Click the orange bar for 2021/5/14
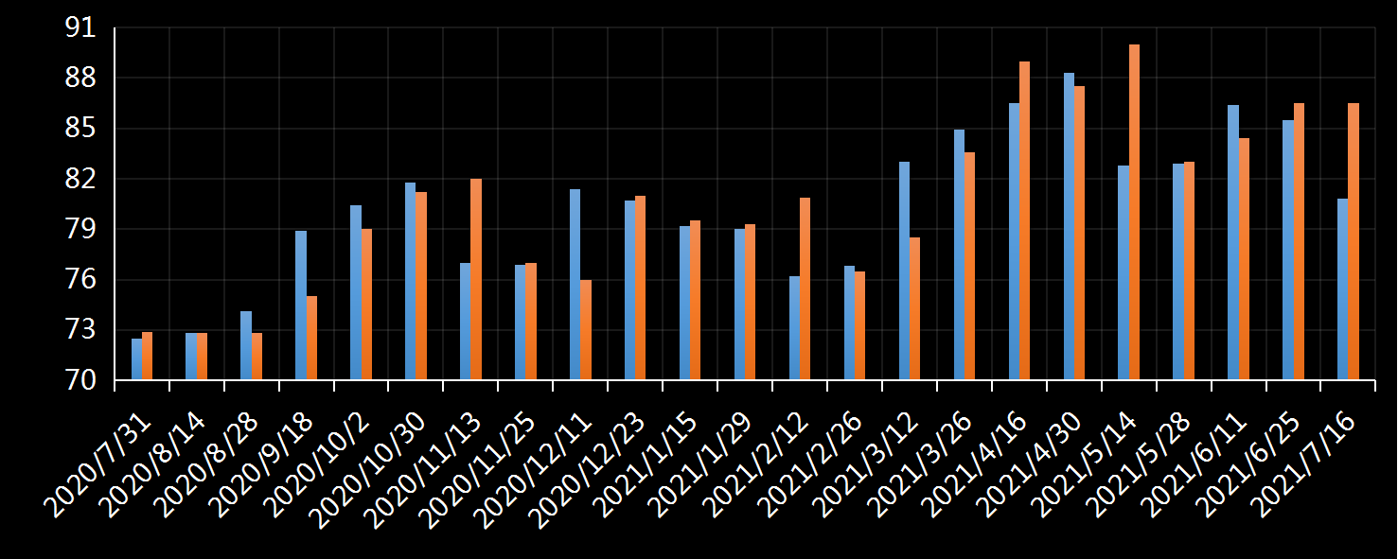1134,213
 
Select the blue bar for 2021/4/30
1069,227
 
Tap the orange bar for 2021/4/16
1024,221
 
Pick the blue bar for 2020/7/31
136,359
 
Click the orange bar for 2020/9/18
311,339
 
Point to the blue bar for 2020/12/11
575,285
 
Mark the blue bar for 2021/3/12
904,271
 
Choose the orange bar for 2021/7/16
1354,242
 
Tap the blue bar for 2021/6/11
1233,243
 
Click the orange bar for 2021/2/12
805,289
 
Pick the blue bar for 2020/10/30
410,282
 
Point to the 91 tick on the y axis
80,28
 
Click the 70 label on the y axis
80,380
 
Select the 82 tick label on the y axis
80,179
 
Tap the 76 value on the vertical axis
80,280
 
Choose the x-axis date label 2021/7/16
1307,464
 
